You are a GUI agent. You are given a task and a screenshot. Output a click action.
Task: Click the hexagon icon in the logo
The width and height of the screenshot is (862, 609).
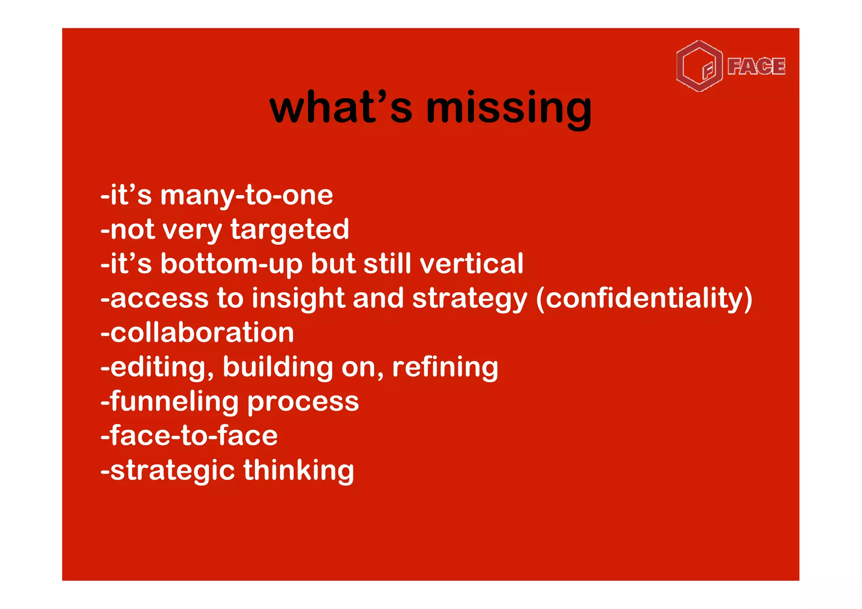pos(699,66)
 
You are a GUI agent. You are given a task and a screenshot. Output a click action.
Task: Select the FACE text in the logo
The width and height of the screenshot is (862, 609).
pos(756,66)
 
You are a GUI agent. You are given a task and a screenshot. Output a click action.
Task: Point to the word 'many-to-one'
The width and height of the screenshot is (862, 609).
pos(247,196)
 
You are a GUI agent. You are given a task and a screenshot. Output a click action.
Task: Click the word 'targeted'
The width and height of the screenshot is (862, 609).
pos(290,230)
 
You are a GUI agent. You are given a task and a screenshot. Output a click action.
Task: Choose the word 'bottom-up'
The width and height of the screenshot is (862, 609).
pos(231,265)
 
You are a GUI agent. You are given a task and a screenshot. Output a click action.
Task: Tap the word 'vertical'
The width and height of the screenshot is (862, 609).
pos(471,264)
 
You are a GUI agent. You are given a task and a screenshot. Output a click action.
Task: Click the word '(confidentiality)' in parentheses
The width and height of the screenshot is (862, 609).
pos(644,299)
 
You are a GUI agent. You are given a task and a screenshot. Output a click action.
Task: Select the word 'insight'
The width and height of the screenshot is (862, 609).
pos(298,299)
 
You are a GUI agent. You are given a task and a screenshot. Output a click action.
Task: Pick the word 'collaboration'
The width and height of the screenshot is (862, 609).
pos(202,333)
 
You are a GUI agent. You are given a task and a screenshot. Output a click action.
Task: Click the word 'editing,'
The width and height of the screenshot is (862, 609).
pos(162,368)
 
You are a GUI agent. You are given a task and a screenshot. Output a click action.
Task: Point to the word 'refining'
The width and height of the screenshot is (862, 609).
pos(445,367)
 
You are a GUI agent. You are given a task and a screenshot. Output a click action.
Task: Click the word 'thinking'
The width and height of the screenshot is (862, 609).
pos(298,470)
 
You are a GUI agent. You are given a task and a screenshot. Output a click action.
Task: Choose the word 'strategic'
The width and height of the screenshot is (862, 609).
pos(172,471)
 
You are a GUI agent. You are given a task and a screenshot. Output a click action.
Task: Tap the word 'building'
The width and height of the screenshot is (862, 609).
pos(278,367)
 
